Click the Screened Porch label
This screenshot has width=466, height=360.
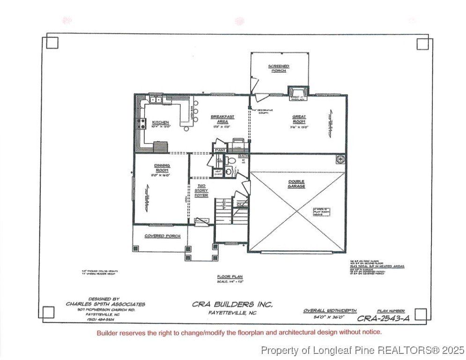coord(279,68)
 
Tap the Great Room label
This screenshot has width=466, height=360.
coord(299,119)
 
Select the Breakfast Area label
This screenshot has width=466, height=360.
coord(222,119)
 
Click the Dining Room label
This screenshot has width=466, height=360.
coord(162,168)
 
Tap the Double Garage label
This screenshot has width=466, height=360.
coord(296,184)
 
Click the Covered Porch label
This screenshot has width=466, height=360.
coord(162,236)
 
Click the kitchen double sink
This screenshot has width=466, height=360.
coord(156,99)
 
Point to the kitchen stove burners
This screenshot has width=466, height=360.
coord(141,124)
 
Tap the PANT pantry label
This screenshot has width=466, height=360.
coord(220,150)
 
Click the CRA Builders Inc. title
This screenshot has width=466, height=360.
coord(232,304)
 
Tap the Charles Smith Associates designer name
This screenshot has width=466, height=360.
coord(105,304)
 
